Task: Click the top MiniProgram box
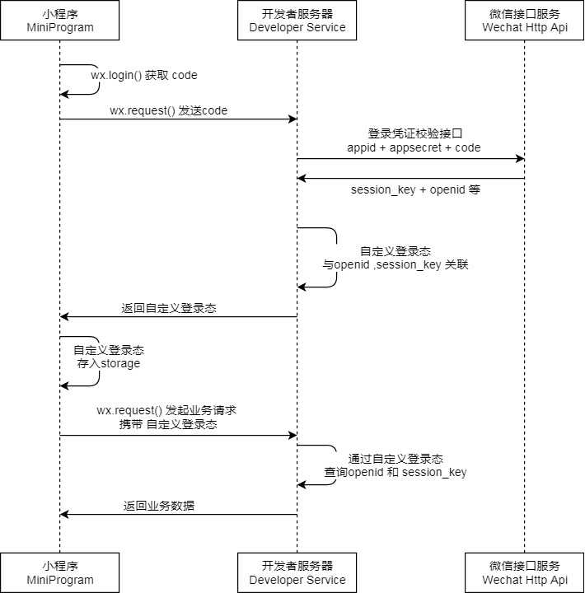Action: pyautogui.click(x=59, y=21)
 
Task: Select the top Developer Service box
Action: pyautogui.click(x=297, y=21)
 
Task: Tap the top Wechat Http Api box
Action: pyautogui.click(x=525, y=21)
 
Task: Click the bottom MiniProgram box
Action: pyautogui.click(x=59, y=572)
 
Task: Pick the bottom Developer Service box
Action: pyautogui.click(x=297, y=572)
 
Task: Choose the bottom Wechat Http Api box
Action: pyautogui.click(x=525, y=572)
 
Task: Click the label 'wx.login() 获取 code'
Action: pyautogui.click(x=143, y=75)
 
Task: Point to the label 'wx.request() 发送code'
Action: pyautogui.click(x=168, y=110)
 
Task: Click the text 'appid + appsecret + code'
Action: pyautogui.click(x=414, y=147)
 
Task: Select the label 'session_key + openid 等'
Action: pyautogui.click(x=415, y=189)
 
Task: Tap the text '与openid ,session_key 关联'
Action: pyautogui.click(x=395, y=265)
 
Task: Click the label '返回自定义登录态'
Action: pyautogui.click(x=169, y=308)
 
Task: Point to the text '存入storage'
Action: pyautogui.click(x=109, y=363)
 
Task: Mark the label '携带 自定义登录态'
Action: pyautogui.click(x=167, y=425)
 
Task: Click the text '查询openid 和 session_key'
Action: pyautogui.click(x=395, y=472)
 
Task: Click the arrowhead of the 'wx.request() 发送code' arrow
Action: pyautogui.click(x=292, y=119)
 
